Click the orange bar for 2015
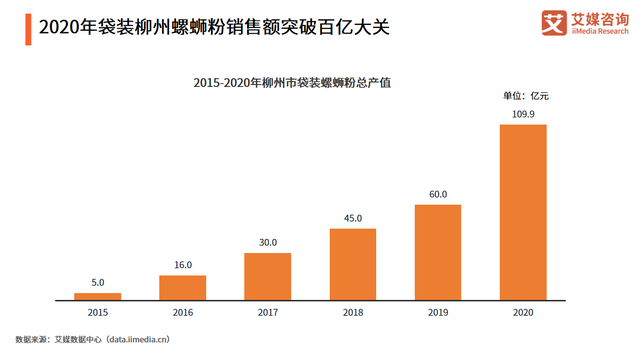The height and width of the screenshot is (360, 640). (97, 296)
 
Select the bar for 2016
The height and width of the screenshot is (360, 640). (182, 287)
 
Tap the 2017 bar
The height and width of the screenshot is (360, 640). (267, 276)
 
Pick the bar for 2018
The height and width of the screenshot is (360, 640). (353, 264)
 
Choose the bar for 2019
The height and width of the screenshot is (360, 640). (438, 252)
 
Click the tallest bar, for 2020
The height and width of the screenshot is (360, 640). (523, 212)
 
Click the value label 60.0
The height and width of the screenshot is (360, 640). (438, 195)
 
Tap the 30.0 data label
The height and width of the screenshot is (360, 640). (267, 243)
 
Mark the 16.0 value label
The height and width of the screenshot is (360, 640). (182, 266)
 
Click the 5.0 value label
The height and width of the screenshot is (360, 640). (97, 283)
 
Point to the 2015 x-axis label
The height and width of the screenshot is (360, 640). (97, 313)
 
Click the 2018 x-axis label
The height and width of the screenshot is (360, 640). (353, 313)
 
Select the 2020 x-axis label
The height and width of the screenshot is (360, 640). (523, 313)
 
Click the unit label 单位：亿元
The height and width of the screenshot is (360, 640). (525, 95)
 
